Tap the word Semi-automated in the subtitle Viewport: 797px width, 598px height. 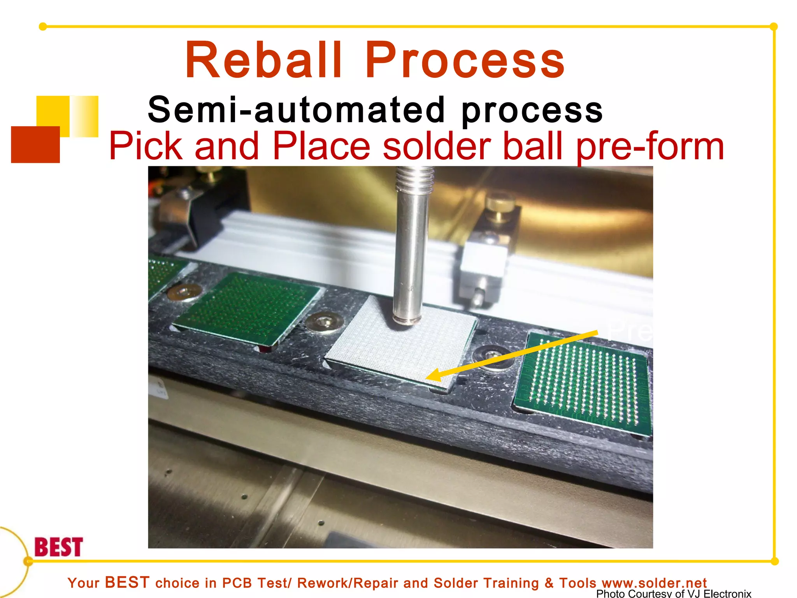[296, 110]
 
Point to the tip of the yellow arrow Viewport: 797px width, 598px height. [428, 378]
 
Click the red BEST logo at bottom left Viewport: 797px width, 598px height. [58, 547]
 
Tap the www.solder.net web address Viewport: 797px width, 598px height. [654, 583]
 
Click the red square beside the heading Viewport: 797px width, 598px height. [35, 144]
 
